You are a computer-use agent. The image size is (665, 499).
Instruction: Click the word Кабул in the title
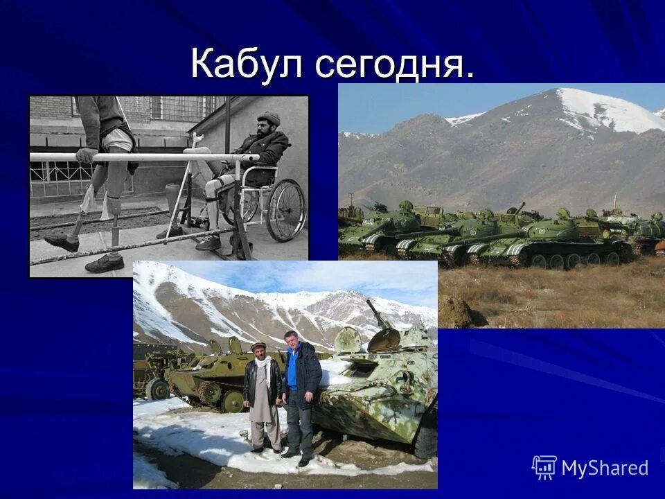(248, 64)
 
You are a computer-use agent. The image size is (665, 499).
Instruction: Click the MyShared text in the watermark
(605, 468)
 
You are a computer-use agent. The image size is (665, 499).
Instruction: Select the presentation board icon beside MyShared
(544, 468)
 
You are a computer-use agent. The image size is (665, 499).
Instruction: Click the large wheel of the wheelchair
(286, 210)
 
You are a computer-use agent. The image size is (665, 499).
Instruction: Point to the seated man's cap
(269, 119)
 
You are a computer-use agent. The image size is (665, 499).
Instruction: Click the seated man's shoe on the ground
(208, 242)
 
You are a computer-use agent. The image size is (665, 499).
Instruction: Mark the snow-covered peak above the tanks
(596, 107)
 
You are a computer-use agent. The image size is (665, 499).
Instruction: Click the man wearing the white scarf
(263, 395)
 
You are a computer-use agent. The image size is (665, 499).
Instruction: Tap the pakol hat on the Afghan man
(258, 345)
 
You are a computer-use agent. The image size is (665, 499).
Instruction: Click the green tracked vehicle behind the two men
(208, 378)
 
